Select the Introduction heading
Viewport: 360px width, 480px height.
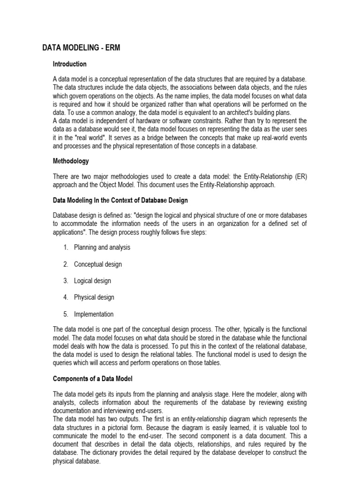coord(69,64)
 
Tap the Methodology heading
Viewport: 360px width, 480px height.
coord(71,161)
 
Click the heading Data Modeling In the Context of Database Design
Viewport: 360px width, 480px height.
coord(120,200)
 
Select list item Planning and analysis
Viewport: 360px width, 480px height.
coord(102,247)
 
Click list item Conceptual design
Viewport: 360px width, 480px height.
coord(97,264)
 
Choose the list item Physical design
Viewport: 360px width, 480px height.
coord(94,297)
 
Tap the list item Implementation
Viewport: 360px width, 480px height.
coord(94,314)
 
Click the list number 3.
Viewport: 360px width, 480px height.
coord(66,281)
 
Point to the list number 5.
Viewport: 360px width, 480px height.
coord(66,314)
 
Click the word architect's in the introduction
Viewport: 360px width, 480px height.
coord(238,112)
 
